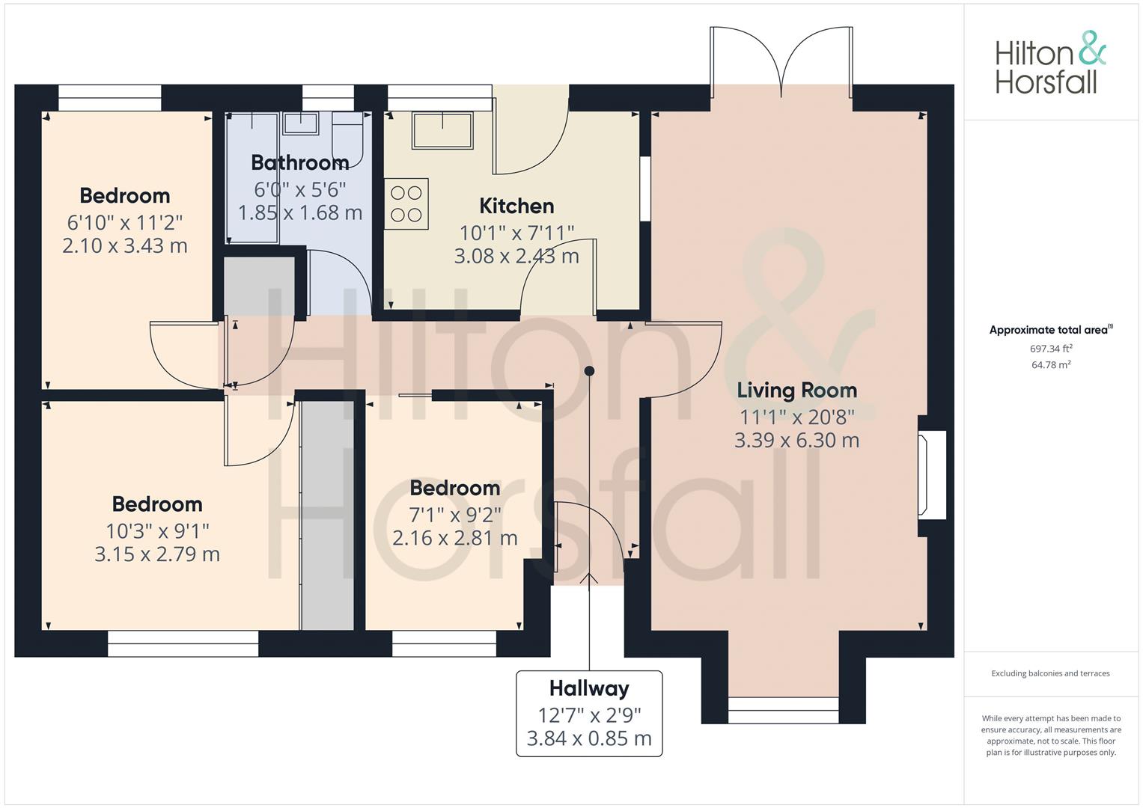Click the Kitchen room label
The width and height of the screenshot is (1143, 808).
tap(516, 206)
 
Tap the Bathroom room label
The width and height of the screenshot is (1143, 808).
tap(300, 163)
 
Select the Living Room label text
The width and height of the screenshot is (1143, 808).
tap(796, 391)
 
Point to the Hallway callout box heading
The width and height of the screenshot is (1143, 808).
tap(589, 688)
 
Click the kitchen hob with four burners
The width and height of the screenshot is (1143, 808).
tap(406, 203)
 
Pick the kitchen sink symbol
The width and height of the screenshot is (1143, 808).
tap(443, 131)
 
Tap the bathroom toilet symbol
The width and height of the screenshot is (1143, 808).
tap(347, 141)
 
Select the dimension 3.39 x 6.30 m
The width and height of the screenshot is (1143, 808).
tap(796, 440)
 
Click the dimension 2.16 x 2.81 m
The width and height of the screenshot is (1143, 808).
tap(454, 538)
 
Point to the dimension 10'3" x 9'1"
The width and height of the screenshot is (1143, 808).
tap(157, 531)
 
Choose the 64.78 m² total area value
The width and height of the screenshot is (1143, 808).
tap(1051, 365)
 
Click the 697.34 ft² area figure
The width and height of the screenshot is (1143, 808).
tap(1051, 349)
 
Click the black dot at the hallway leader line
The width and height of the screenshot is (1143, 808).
tap(589, 371)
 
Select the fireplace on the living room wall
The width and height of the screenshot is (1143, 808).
tap(932, 475)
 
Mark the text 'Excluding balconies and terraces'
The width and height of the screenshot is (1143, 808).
tap(1051, 673)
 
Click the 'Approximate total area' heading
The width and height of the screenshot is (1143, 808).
tap(1051, 330)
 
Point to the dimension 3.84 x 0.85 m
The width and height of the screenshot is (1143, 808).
tap(589, 738)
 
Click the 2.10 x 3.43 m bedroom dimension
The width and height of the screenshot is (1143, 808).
tap(125, 246)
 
